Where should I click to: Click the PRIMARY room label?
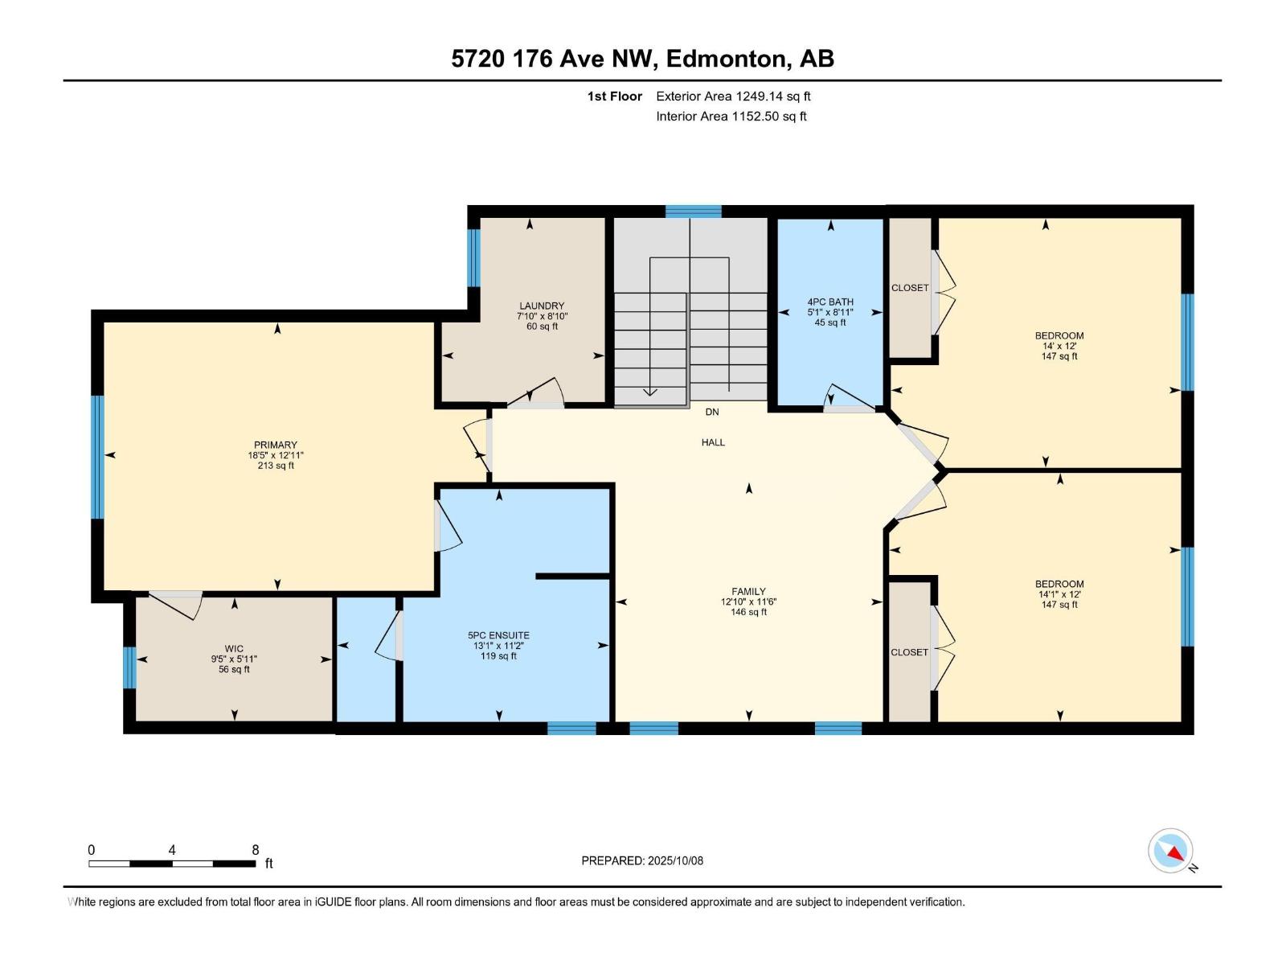276,445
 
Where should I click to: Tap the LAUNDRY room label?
542,306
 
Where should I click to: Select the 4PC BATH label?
830,302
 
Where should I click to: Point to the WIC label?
234,649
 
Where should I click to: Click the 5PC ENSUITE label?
498,635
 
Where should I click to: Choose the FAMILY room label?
748,591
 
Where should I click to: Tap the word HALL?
713,442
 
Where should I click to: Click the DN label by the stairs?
712,412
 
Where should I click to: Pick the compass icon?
1170,850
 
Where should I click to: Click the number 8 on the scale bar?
256,849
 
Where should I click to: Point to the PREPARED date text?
642,860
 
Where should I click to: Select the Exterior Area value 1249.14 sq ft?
773,96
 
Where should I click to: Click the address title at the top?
643,59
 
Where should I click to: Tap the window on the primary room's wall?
97,457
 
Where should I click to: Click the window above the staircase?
693,211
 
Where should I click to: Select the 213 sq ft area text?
276,466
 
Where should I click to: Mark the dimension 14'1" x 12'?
1059,594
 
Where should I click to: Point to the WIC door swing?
176,605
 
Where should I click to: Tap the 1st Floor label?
615,96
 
